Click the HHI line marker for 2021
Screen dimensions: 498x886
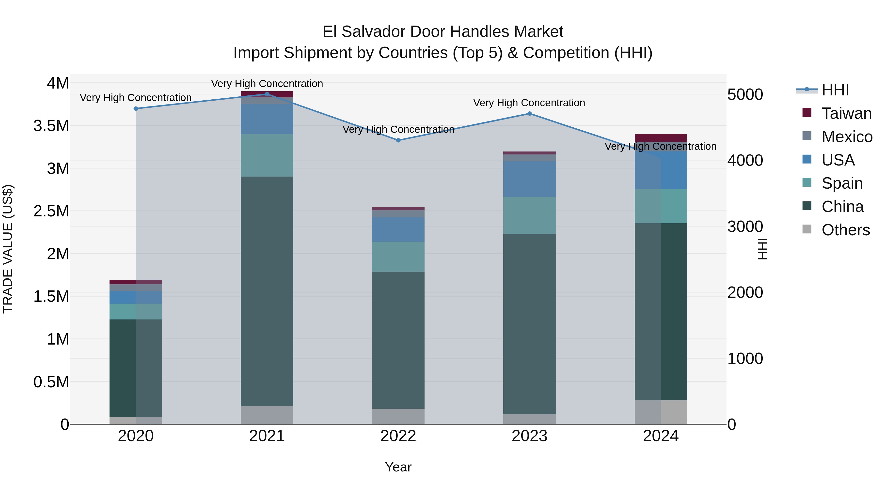click(x=267, y=94)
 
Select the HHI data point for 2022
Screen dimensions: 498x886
click(x=398, y=140)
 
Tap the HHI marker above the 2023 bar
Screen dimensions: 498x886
click(x=530, y=113)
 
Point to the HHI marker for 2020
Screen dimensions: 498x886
click(x=136, y=109)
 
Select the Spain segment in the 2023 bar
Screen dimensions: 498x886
click(x=530, y=215)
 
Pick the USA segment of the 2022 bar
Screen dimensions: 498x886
click(x=398, y=230)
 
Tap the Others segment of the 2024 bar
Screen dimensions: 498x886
click(x=661, y=412)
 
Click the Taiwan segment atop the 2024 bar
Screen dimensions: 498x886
click(x=661, y=138)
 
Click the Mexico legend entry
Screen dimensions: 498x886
click(x=847, y=137)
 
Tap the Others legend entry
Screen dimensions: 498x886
click(x=845, y=230)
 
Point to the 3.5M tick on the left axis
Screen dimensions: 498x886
click(x=51, y=126)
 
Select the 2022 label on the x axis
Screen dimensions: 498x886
click(x=398, y=436)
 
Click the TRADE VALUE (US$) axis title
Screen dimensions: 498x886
click(x=8, y=249)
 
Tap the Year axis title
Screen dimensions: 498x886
click(x=398, y=467)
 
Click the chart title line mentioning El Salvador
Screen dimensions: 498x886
click(x=443, y=32)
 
